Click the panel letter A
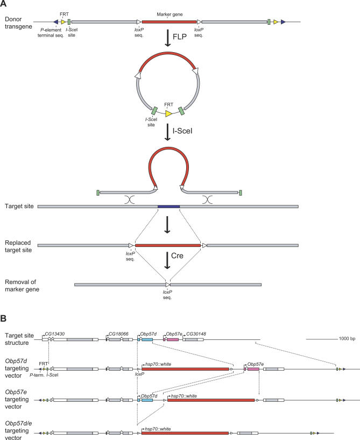pos(5,5)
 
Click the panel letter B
pos(5,320)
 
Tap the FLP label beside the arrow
pos(187,39)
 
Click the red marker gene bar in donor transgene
pos(168,22)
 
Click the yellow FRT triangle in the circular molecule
pos(169,113)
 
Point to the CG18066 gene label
pos(120,334)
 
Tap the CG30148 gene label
pos(196,334)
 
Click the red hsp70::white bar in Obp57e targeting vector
pos(211,400)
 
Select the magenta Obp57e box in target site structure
pos(173,339)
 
